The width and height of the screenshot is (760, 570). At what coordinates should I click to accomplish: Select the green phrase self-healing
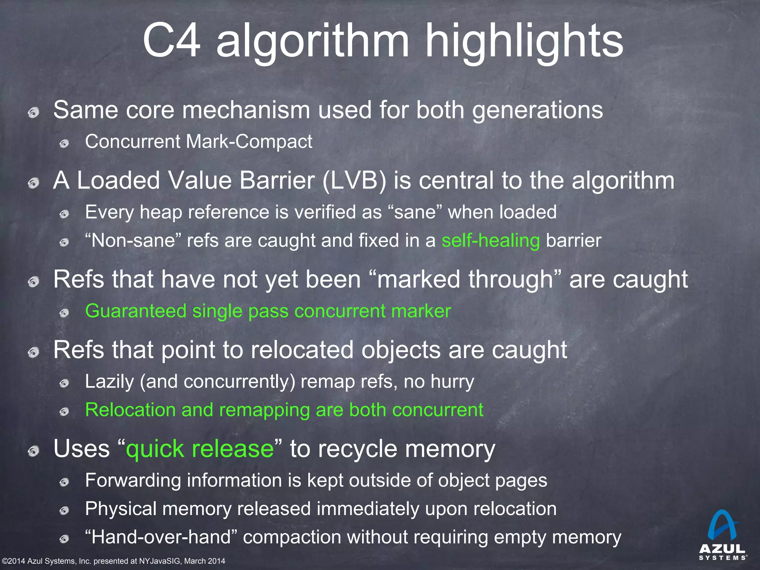(491, 240)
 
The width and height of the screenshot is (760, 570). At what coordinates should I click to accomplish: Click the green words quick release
(200, 449)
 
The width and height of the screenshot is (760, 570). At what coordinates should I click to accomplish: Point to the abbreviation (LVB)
(354, 181)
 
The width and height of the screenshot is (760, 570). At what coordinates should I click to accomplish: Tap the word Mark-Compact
(249, 141)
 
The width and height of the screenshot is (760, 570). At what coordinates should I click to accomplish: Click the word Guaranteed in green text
(135, 311)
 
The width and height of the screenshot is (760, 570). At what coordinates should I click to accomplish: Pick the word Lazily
(109, 381)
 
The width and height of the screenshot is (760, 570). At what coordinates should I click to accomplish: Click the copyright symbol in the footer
(5, 561)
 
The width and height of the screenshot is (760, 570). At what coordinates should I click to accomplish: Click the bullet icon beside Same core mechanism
(34, 112)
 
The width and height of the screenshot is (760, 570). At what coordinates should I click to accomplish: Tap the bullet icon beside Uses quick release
(34, 451)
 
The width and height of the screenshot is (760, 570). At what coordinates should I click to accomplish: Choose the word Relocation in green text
(130, 410)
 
